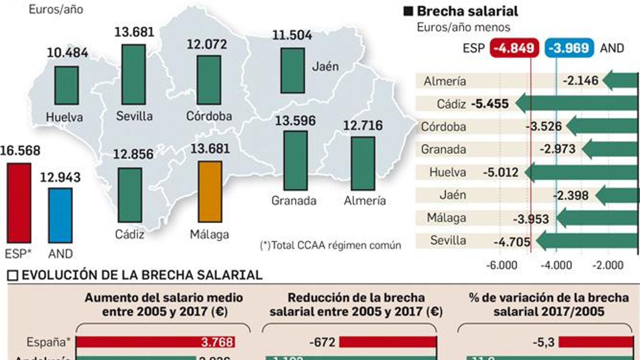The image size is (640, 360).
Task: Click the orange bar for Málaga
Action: coord(210,192)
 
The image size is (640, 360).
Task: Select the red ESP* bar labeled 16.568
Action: coord(19,203)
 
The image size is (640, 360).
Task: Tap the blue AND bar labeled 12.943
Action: coord(60,215)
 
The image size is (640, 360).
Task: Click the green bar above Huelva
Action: coord(66,85)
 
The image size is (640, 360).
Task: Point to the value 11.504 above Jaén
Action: coord(292,35)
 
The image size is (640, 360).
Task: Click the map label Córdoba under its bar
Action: coord(209,116)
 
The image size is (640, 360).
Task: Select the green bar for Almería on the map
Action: coord(363,163)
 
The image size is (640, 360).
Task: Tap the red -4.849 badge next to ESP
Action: coord(514,48)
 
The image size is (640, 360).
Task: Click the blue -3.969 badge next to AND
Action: coord(569,48)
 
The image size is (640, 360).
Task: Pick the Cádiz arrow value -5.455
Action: coord(490,104)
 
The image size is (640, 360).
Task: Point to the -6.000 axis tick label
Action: coord(501,265)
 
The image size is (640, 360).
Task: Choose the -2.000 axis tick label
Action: coord(608,265)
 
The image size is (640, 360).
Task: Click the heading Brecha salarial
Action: coord(467,11)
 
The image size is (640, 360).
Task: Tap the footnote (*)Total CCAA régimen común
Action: coord(330,245)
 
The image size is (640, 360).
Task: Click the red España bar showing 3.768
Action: coord(155,342)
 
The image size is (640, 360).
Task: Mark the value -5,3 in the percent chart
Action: coord(544,342)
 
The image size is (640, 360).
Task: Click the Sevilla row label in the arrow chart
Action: coord(448,240)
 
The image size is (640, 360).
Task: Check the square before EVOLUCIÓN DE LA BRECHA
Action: coord(13,276)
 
